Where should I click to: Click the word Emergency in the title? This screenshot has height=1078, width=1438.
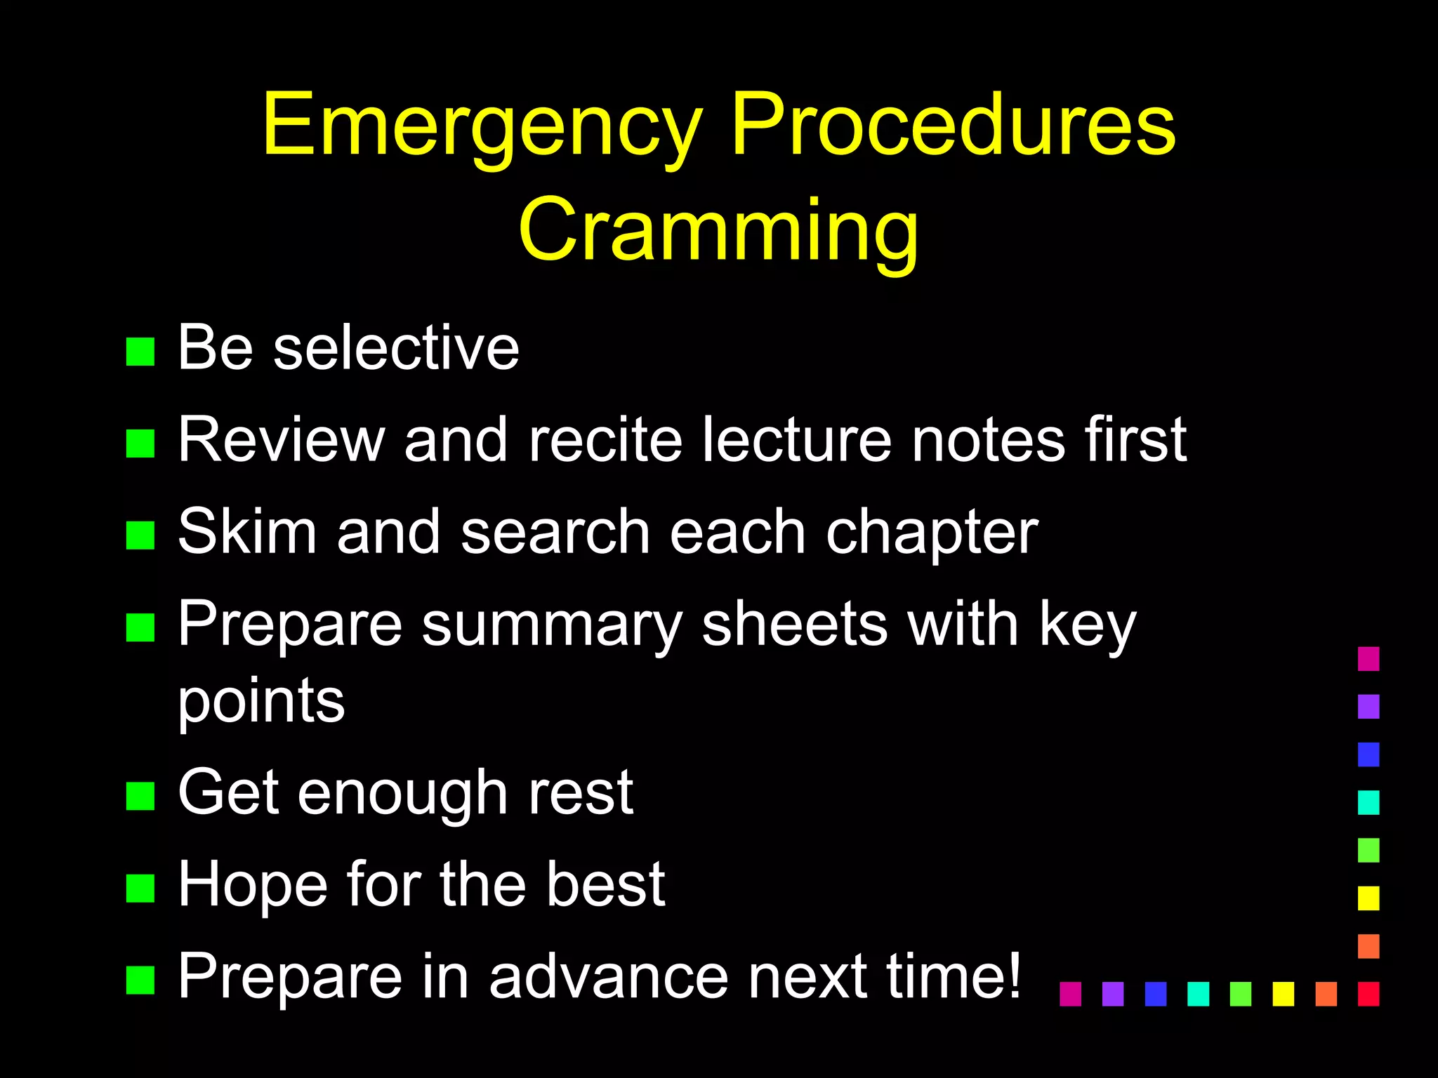click(483, 126)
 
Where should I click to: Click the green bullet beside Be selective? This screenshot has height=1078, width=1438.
click(140, 352)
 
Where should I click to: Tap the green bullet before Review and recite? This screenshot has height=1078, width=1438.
click(140, 444)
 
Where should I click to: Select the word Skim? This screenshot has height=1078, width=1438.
click(247, 531)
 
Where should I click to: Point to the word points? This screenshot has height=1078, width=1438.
click(261, 703)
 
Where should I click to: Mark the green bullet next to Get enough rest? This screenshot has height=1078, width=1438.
click(140, 796)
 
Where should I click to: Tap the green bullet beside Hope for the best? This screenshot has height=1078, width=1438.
click(140, 888)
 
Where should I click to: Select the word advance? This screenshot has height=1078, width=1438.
click(609, 976)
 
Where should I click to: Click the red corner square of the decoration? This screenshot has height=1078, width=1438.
click(1368, 994)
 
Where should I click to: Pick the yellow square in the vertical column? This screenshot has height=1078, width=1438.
click(1368, 898)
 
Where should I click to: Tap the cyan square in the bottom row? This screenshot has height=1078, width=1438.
click(1198, 994)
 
